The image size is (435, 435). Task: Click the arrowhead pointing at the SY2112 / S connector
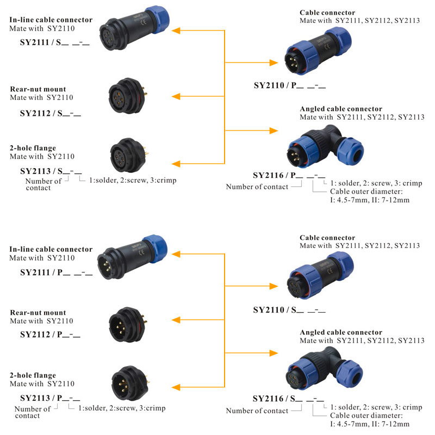(x=177, y=97)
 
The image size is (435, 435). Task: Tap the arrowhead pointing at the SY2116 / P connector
(x=272, y=130)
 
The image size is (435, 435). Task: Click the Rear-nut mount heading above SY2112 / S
(x=38, y=89)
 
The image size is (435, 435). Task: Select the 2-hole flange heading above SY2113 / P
(x=33, y=375)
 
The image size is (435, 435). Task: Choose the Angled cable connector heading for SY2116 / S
(x=341, y=332)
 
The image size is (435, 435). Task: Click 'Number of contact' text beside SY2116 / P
(x=257, y=187)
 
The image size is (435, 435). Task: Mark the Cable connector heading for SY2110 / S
(x=327, y=238)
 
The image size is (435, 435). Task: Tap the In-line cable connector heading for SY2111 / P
(x=51, y=250)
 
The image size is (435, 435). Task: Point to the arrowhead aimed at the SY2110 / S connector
(x=272, y=286)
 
